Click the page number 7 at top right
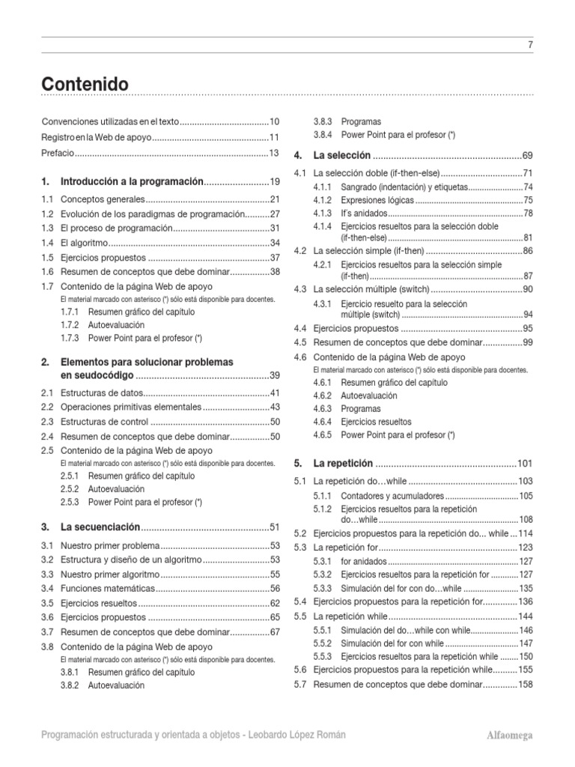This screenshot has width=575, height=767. [x=530, y=45]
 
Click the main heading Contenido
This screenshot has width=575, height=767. [x=85, y=85]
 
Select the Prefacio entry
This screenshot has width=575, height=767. [x=58, y=153]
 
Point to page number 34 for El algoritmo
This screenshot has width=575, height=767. [x=274, y=243]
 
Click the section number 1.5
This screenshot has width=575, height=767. [x=48, y=258]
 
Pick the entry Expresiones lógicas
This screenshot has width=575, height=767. [x=377, y=200]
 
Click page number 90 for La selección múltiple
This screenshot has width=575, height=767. [x=527, y=289]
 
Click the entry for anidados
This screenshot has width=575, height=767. [x=363, y=561]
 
